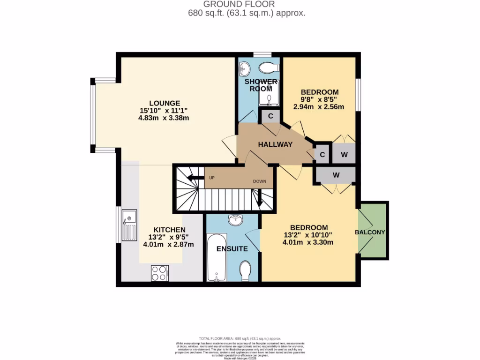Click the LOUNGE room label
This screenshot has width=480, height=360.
[165, 103]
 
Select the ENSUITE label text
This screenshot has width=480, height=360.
[232, 249]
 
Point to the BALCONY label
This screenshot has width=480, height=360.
[370, 232]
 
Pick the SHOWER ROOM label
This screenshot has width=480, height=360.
[260, 85]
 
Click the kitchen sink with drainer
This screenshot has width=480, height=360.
[129, 225]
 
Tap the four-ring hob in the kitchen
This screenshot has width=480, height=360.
[160, 273]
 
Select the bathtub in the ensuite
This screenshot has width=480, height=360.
[217, 257]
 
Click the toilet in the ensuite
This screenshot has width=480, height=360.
[245, 271]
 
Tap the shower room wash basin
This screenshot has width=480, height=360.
[244, 70]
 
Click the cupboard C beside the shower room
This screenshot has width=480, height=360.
[270, 116]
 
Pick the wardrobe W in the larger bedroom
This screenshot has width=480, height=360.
[336, 174]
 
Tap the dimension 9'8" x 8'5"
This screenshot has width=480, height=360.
[319, 99]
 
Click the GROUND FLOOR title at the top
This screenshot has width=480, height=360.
[240, 5]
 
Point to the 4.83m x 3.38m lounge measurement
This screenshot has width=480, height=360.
[164, 118]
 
